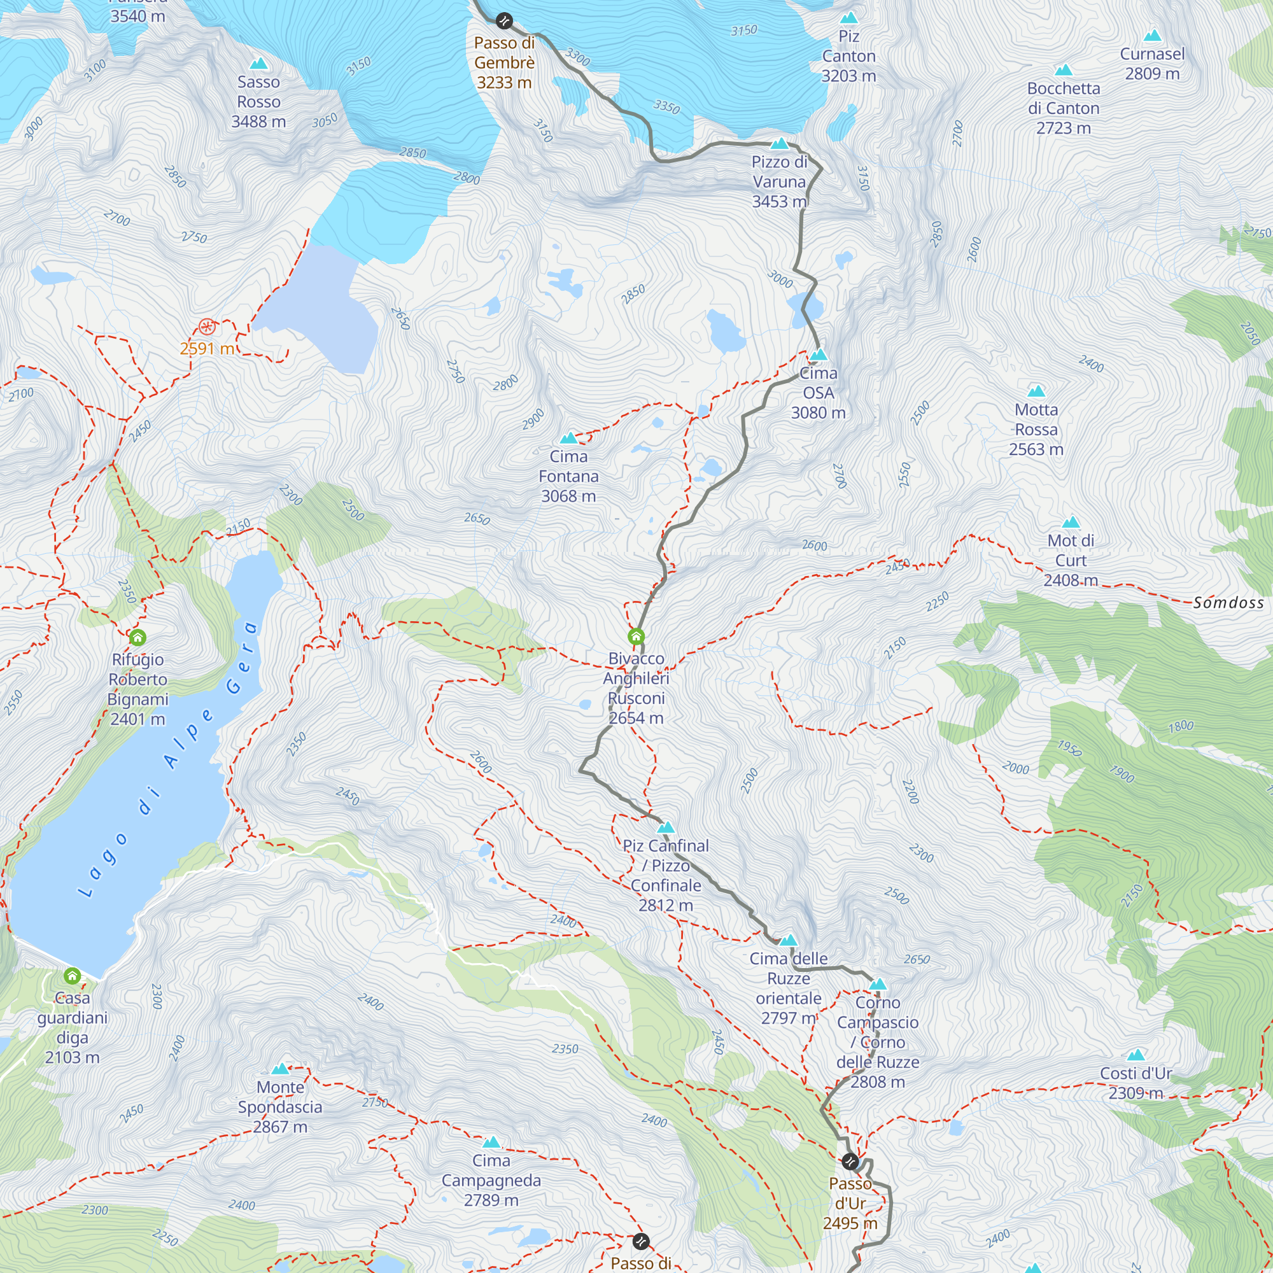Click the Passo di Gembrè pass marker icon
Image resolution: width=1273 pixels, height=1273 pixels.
click(x=504, y=21)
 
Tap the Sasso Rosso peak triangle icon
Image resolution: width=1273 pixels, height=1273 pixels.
click(x=259, y=64)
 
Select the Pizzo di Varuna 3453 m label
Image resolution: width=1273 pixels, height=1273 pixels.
click(x=780, y=181)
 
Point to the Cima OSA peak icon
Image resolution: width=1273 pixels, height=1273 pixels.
click(x=819, y=355)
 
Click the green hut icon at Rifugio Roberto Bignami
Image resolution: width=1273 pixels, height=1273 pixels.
click(x=137, y=637)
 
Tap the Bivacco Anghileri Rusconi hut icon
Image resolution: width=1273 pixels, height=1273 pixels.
click(x=636, y=636)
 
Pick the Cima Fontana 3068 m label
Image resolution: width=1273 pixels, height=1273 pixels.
click(x=568, y=475)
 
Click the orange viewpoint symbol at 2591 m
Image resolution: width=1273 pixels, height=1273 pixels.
click(x=207, y=327)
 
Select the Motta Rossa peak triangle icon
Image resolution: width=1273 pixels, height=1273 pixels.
click(x=1036, y=391)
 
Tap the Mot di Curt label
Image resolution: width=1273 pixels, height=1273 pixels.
click(x=1071, y=560)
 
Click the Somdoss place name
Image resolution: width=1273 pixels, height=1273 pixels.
click(x=1228, y=602)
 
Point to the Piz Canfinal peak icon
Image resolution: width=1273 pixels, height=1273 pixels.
click(x=666, y=827)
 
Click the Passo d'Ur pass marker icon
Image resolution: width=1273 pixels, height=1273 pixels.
click(x=850, y=1161)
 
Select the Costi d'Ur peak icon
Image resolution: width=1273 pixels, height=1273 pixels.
click(x=1136, y=1055)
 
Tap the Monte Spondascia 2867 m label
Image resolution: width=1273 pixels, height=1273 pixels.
click(x=280, y=1107)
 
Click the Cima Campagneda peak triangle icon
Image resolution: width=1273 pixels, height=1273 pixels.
click(x=491, y=1143)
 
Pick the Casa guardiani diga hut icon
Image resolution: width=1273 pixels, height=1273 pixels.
click(x=73, y=975)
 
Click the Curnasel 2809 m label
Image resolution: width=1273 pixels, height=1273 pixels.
click(x=1152, y=63)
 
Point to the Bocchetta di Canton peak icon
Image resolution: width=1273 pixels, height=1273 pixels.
click(x=1064, y=71)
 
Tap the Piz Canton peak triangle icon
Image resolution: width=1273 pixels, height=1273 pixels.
click(x=849, y=18)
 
